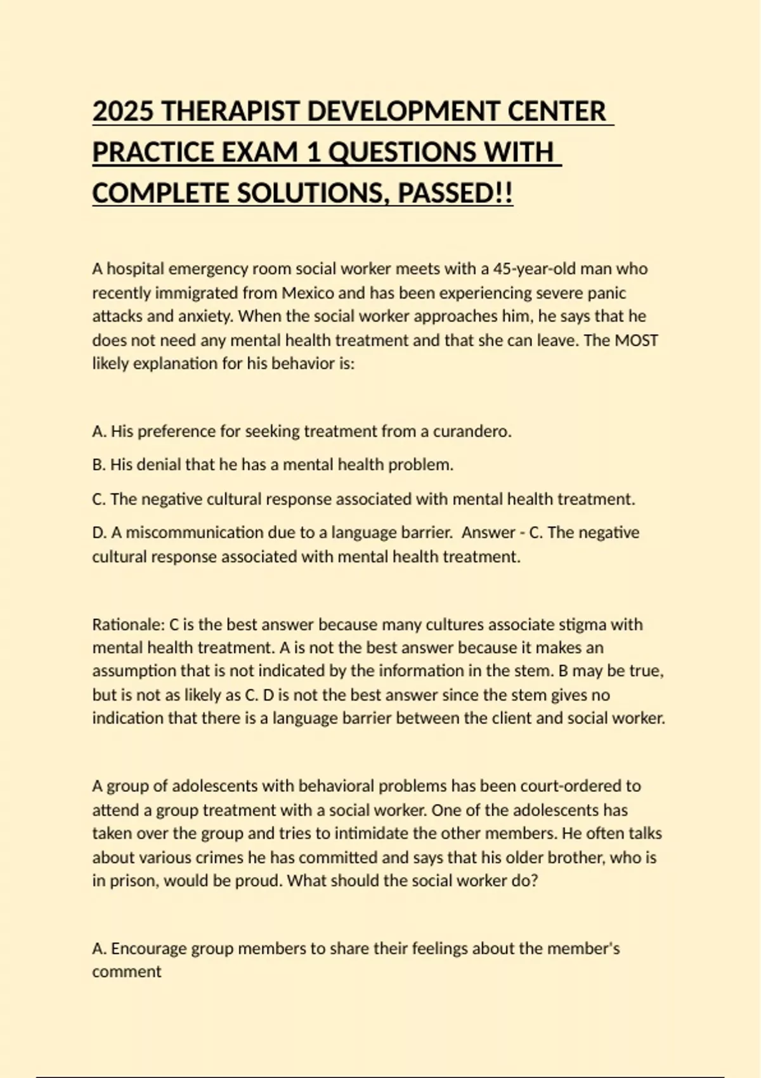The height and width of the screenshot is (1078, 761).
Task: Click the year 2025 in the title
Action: pos(123,112)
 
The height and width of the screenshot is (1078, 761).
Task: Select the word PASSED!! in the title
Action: pos(455,193)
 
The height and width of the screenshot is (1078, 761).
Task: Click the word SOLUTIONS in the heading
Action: pos(309,193)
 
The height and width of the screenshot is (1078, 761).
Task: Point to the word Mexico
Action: pos(308,293)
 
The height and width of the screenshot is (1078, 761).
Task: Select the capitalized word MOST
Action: pos(637,341)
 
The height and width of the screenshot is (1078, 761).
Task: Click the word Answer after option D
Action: pos(488,533)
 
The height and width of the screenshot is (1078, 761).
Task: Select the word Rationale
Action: pos(127,625)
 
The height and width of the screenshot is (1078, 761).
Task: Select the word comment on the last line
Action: pos(127,972)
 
